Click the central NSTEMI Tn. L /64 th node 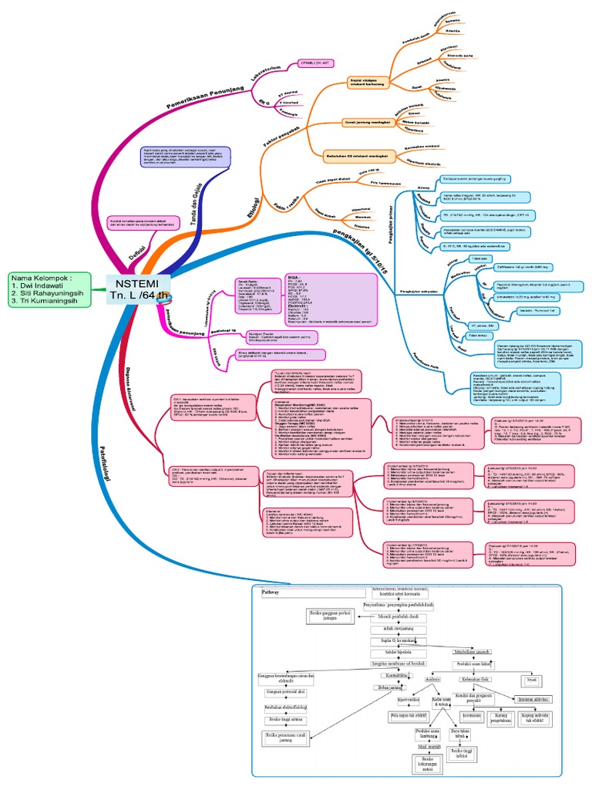136,288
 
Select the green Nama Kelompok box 49,289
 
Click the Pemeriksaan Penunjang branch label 203,96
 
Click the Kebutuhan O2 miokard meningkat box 365,154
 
